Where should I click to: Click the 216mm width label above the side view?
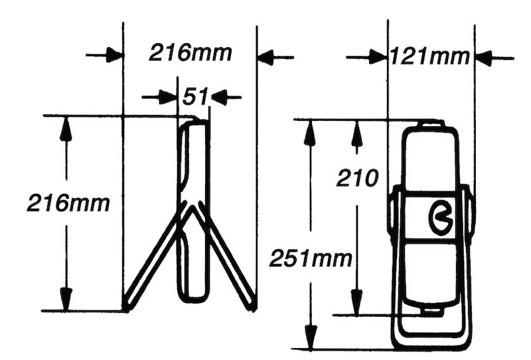(x=190, y=52)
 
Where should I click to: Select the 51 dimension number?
(x=195, y=97)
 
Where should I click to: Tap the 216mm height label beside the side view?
(x=68, y=203)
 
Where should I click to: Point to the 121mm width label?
(x=429, y=57)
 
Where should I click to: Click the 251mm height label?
(x=311, y=258)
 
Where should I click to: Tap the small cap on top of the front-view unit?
(x=430, y=124)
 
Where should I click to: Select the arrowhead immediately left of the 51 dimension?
(x=168, y=98)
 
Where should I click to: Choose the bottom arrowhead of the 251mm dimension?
(x=309, y=335)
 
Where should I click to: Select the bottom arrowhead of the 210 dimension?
(x=356, y=302)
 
